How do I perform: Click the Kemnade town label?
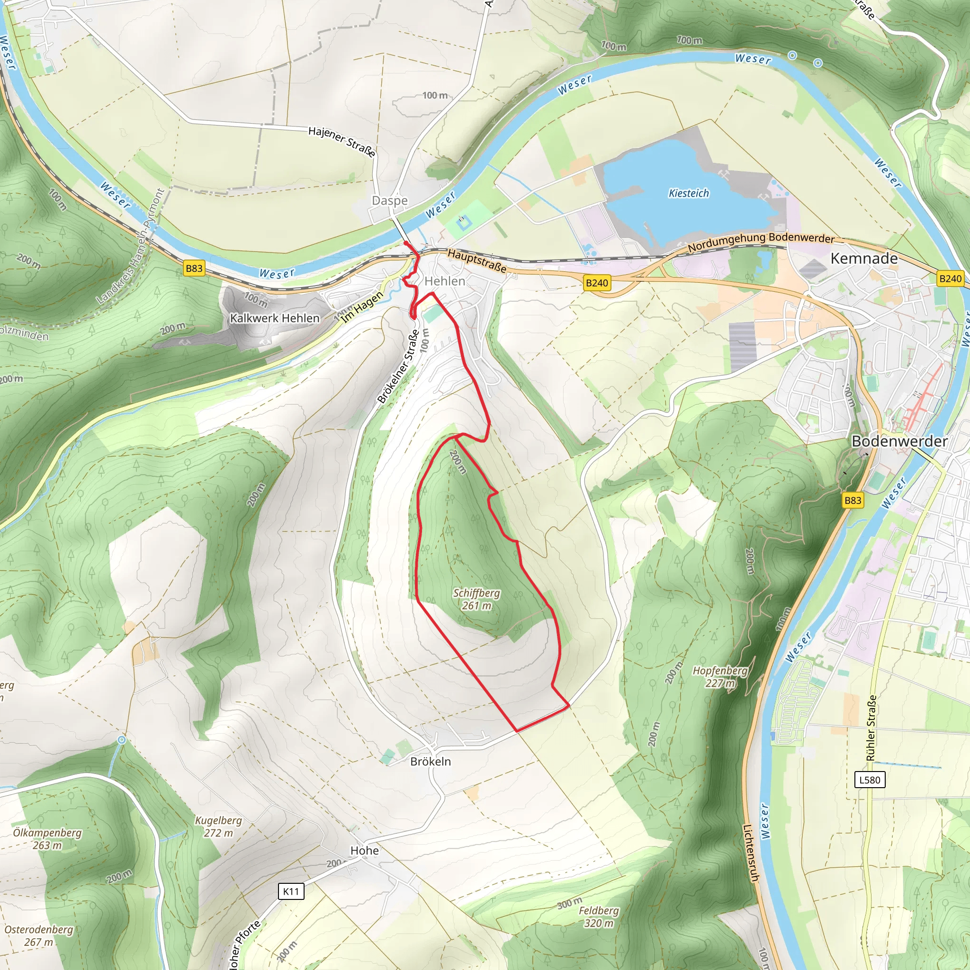click(863, 259)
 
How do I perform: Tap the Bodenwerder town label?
click(900, 441)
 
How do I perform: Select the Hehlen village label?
click(445, 281)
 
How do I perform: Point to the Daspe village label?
click(390, 201)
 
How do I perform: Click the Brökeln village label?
click(430, 762)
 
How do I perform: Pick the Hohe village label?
click(365, 851)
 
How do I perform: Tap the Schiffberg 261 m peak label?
click(476, 599)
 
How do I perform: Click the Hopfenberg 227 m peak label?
click(720, 677)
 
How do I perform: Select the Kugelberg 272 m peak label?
click(218, 826)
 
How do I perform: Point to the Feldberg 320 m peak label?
click(599, 917)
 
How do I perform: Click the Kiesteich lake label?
click(689, 193)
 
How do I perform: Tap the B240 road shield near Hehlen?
click(597, 283)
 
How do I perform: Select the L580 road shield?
click(870, 780)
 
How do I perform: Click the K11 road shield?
click(291, 892)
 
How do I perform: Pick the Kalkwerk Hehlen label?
click(275, 318)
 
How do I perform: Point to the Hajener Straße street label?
click(342, 142)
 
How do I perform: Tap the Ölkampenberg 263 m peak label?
click(47, 838)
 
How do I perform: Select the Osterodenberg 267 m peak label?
click(39, 936)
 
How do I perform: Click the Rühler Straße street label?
click(871, 728)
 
